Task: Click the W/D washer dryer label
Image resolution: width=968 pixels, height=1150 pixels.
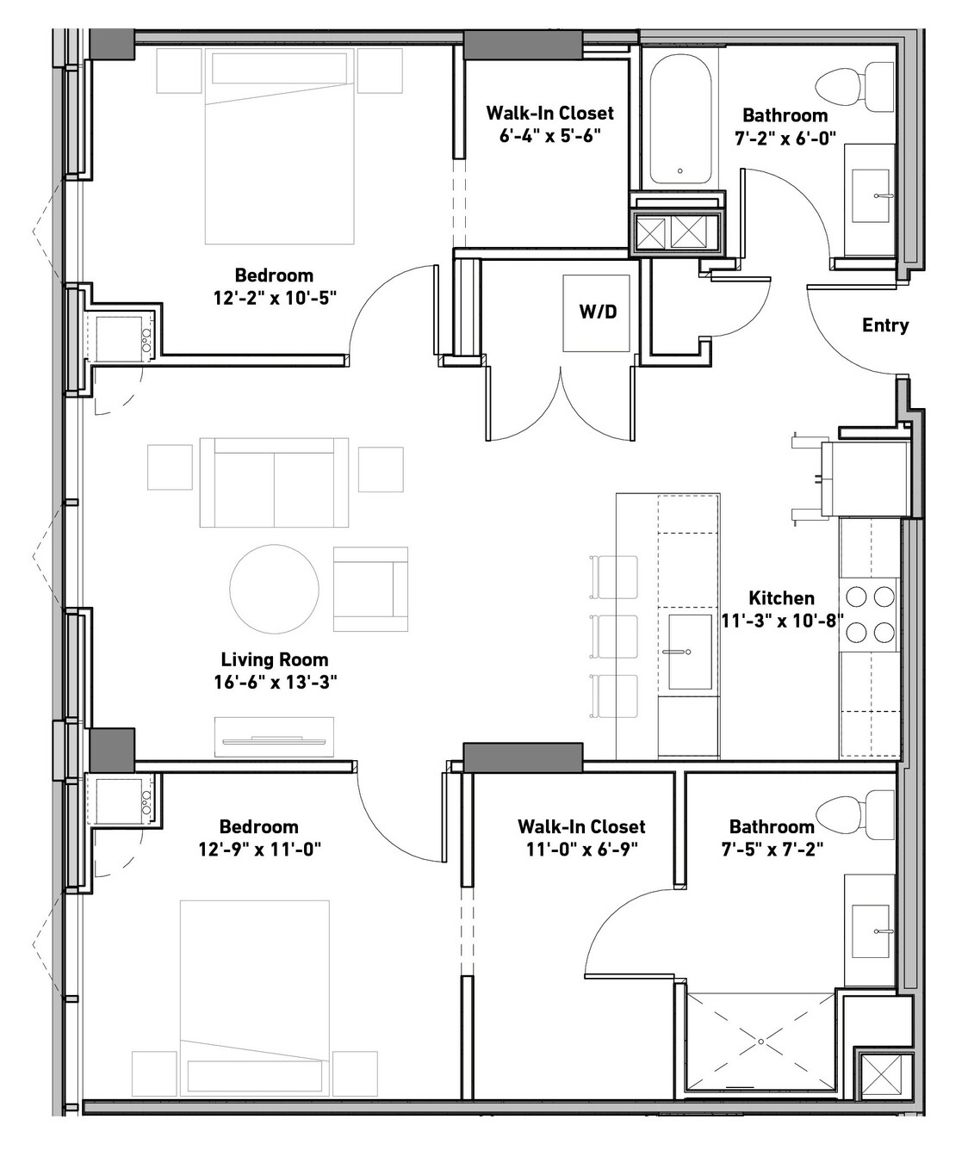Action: coord(598,312)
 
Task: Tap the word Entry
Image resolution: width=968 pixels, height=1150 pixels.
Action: coord(884,325)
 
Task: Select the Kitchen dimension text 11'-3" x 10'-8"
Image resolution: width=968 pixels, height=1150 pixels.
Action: coord(782,621)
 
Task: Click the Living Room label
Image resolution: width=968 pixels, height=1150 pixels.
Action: coord(275,659)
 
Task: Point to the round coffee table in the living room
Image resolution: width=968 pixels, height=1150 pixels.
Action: coord(274,589)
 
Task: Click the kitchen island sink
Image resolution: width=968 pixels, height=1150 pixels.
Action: coord(690,652)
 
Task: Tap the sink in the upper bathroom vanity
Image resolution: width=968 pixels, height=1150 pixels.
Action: coord(871,195)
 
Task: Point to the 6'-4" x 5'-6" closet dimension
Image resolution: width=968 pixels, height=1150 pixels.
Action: coord(549,135)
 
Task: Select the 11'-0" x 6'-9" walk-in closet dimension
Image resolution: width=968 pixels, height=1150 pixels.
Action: coord(582,850)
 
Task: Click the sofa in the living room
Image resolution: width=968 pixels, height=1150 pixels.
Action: coord(274,483)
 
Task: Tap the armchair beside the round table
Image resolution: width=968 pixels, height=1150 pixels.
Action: coord(370,589)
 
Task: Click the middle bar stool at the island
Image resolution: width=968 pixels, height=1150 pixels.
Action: coord(613,636)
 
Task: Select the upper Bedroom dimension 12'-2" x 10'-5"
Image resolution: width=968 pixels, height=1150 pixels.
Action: coord(275,298)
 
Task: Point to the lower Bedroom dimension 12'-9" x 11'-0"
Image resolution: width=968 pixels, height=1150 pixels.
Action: coord(259,850)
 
